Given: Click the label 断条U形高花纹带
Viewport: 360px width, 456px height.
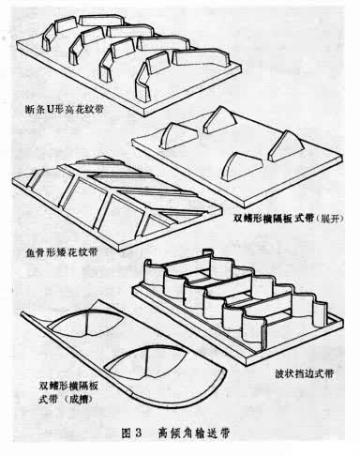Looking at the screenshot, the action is click(64, 110).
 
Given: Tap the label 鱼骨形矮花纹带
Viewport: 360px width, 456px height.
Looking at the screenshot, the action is click(60, 251).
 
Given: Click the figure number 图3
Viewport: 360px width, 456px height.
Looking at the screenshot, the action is click(131, 433).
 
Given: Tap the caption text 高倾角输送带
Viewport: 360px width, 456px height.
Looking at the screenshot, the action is click(194, 433).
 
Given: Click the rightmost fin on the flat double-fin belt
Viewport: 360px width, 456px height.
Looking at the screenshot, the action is click(287, 147).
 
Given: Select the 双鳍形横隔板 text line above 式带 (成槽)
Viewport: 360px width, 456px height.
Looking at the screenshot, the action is click(68, 386).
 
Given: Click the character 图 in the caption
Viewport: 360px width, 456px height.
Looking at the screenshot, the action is click(127, 433).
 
